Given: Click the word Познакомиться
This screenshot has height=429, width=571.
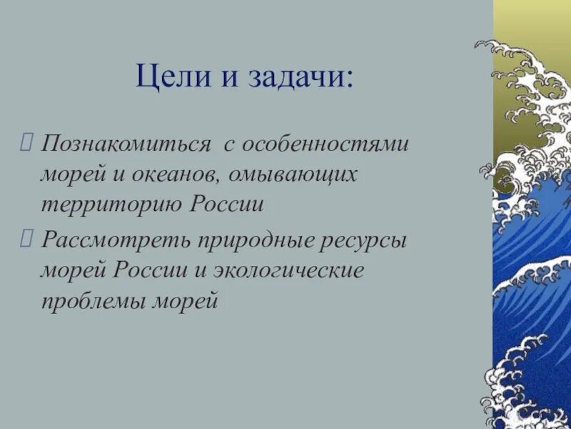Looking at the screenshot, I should pyautogui.click(x=126, y=145).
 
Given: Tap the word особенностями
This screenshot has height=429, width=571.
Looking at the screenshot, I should pyautogui.click(x=325, y=144).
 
